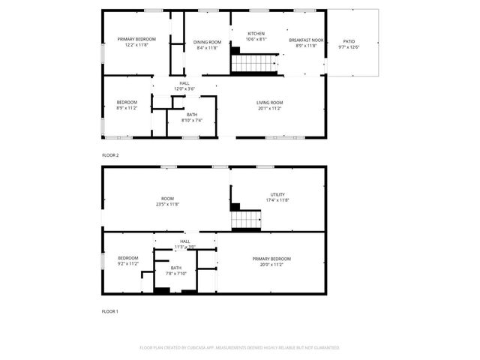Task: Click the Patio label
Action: coord(349,40)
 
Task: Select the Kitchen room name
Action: coord(256,34)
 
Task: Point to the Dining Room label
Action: coord(207,42)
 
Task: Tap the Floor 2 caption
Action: coord(110,155)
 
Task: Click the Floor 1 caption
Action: coord(110,310)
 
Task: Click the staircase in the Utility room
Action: coord(246,220)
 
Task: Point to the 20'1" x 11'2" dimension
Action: coord(269,109)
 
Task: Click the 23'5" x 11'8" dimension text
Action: coord(167,204)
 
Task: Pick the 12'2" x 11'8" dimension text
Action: coord(136,45)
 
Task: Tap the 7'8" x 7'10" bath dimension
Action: coord(176,274)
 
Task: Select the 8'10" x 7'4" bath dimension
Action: coord(192,120)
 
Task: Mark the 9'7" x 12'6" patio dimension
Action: coord(349,47)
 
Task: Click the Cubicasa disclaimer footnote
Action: coord(239,348)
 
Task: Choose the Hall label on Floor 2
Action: coord(184,83)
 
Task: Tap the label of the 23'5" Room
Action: coord(167,198)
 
